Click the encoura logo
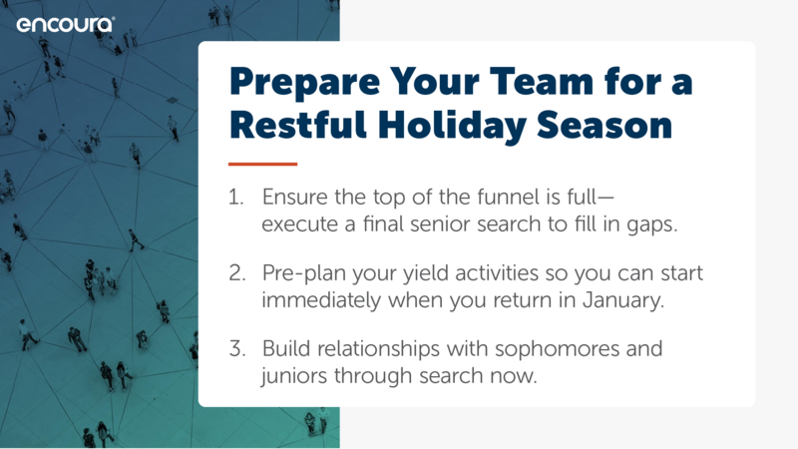66,24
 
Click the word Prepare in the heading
305,83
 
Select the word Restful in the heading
298,125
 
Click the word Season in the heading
604,126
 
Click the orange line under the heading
262,164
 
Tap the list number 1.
235,198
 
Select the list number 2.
237,273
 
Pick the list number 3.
237,349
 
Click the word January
623,301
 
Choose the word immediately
321,301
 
